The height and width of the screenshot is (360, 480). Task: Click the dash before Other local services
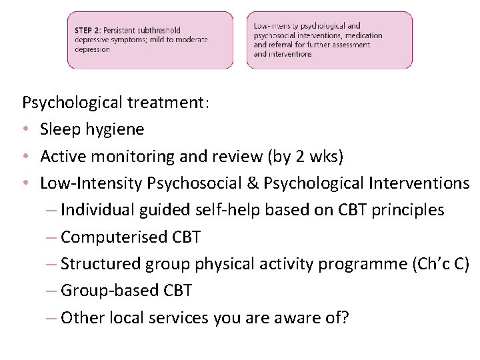(x=51, y=317)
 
